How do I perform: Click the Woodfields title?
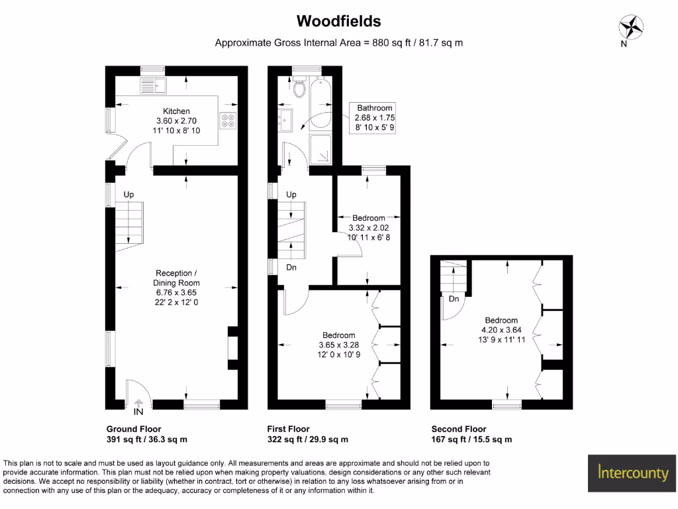pos(338,21)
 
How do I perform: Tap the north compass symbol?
pos(631,27)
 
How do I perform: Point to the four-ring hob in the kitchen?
pos(228,121)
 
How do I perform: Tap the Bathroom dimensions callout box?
pos(375,118)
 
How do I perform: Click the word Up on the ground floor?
pos(128,194)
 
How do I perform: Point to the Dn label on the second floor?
pos(454,299)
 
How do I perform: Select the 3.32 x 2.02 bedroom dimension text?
pos(369,227)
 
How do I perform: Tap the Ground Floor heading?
pos(134,429)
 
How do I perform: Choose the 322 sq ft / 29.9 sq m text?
pos(307,439)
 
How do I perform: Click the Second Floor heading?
pos(459,429)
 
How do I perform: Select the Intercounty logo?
pos(633,473)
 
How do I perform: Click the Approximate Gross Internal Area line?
pos(338,43)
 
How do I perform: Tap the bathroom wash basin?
pos(289,121)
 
